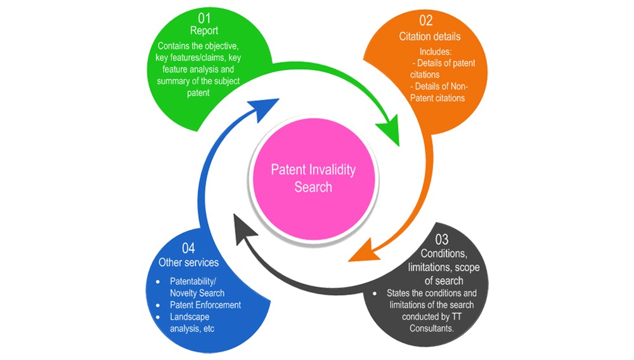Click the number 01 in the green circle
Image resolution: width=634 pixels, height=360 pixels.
[x=204, y=17]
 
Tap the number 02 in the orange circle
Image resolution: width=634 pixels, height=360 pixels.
[x=425, y=21]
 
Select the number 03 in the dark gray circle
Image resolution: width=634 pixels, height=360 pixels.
[x=441, y=239]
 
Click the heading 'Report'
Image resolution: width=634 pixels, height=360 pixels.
[x=204, y=30]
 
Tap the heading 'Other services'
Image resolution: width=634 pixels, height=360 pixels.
[x=188, y=262]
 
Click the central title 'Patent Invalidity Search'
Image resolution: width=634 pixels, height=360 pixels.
[x=313, y=178]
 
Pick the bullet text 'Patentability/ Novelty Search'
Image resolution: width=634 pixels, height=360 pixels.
[x=197, y=287]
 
